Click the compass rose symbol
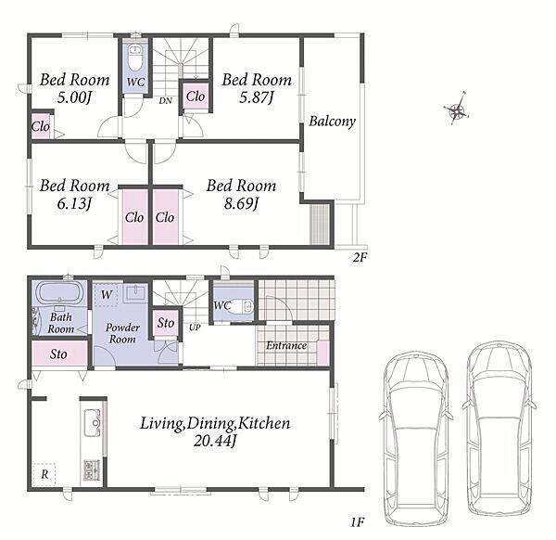coord(457,109)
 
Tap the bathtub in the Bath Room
coord(59,293)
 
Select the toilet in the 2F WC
coord(134,58)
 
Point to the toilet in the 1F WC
coord(243,305)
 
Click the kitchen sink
coord(93,423)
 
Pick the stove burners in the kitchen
coord(92,469)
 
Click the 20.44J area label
coord(215,442)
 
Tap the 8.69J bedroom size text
coord(242,204)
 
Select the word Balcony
coord(332,122)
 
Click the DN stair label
coord(166,101)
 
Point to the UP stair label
coord(195,328)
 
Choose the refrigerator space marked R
coord(44,474)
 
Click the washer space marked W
coord(107,294)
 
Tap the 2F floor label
coord(359,257)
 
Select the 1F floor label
coord(358,522)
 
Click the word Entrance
coord(286,345)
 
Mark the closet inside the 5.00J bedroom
coord(41,126)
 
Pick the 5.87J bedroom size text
coord(257,97)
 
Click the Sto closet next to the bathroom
coord(59,354)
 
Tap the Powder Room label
coord(122,333)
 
